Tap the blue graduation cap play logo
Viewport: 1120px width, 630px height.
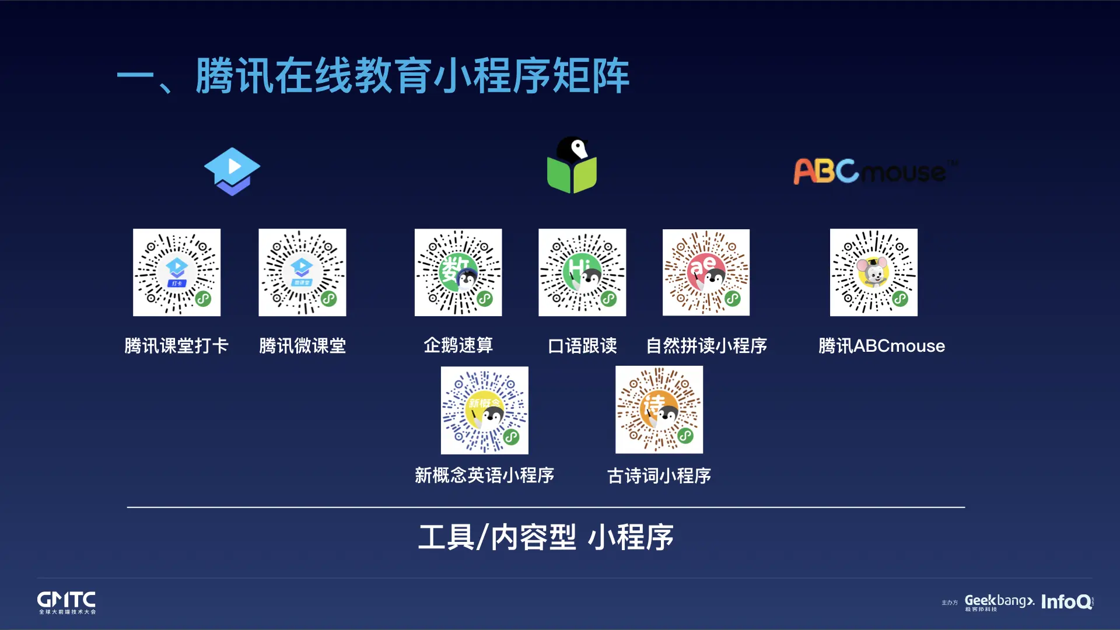click(x=232, y=171)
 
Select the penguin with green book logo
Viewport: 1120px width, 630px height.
click(x=572, y=166)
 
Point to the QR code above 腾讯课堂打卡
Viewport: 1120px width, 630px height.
click(x=177, y=272)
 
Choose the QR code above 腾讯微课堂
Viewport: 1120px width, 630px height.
click(x=302, y=272)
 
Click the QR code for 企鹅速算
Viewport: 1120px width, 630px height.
click(x=458, y=272)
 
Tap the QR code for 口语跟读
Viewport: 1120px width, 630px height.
click(x=582, y=272)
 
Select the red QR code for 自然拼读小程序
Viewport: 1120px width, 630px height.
click(x=706, y=272)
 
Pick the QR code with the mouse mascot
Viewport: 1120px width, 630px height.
click(x=873, y=272)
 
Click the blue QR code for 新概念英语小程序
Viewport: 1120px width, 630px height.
click(x=484, y=410)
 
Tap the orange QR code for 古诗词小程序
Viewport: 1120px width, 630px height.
click(x=659, y=409)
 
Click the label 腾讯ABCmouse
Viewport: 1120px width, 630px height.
click(x=881, y=346)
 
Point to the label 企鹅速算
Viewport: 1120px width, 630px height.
click(x=458, y=345)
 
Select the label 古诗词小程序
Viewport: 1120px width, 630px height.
click(x=659, y=476)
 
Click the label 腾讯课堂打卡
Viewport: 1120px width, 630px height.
click(x=176, y=346)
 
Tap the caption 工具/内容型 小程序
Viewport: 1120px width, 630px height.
click(x=546, y=537)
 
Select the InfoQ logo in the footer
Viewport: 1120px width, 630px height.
click(x=1067, y=601)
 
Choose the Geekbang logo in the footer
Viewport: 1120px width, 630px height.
click(x=999, y=602)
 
